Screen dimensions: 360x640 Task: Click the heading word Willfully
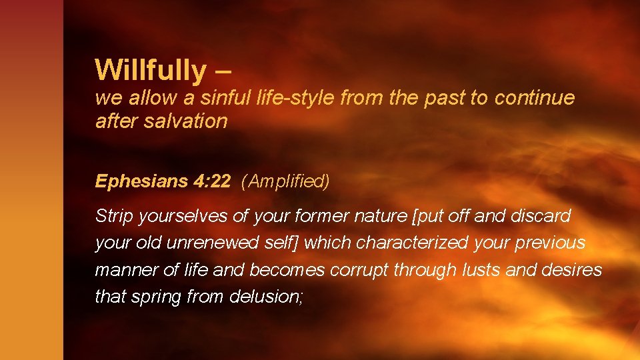(151, 70)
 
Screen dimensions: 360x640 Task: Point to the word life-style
(296, 98)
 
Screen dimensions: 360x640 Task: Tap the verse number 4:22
(213, 181)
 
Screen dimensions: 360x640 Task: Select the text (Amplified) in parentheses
(286, 181)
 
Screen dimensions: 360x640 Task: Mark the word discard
(542, 216)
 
